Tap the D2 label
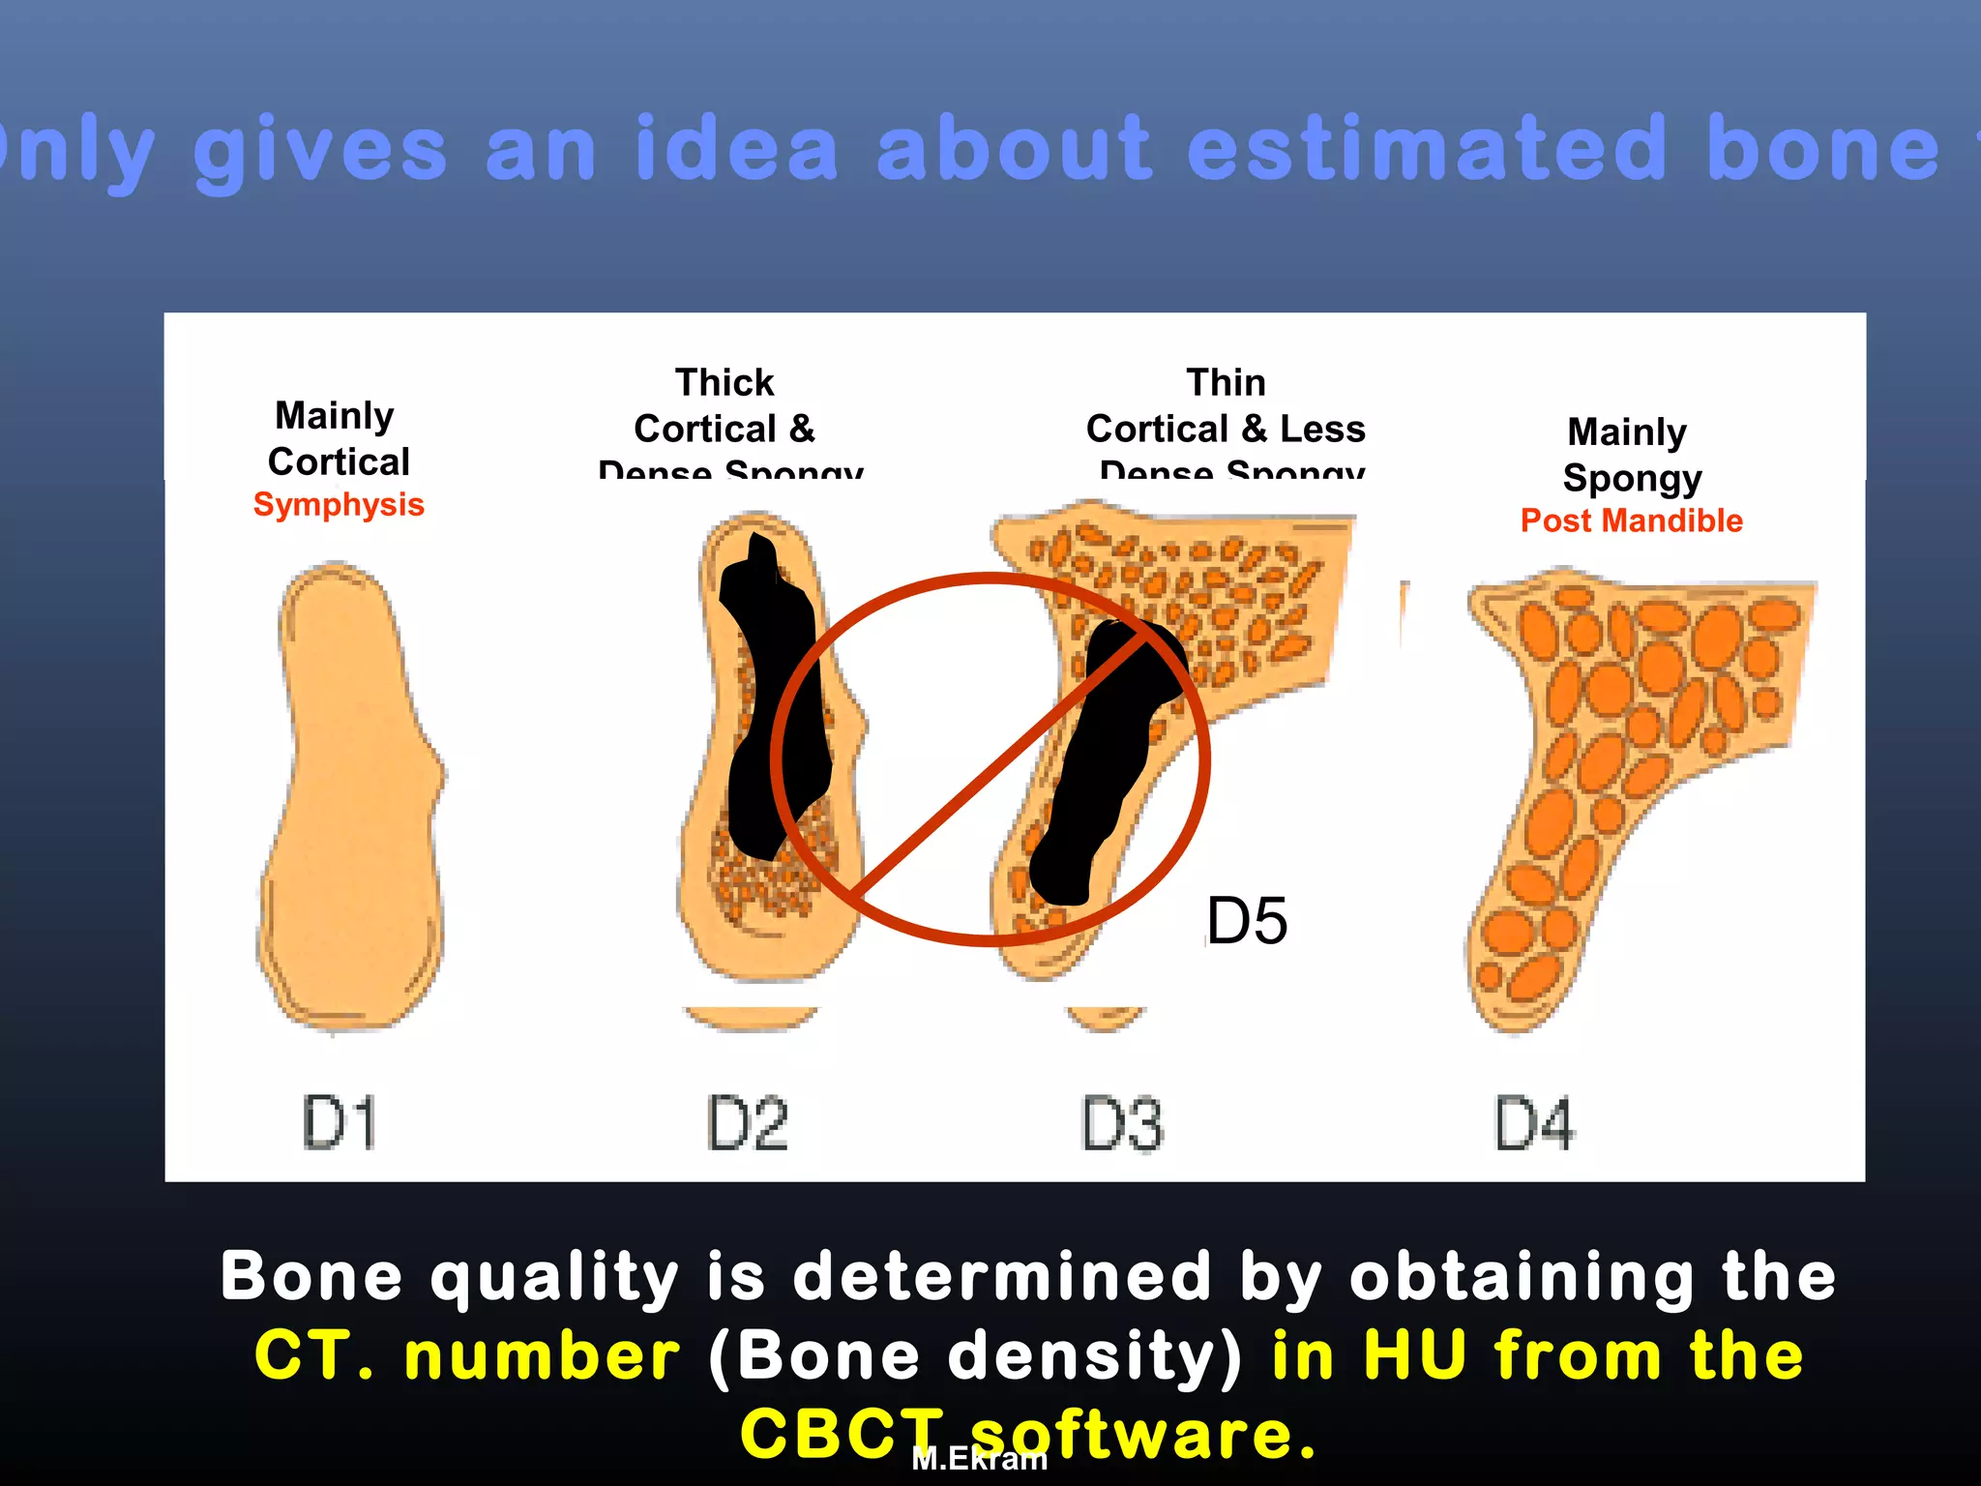point(748,1123)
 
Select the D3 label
point(1122,1124)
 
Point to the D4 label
point(1534,1123)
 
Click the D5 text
point(1247,920)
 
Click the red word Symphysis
point(339,505)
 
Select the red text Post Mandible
point(1631,520)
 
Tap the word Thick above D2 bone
point(724,382)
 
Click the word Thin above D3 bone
point(1226,382)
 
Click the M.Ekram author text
point(979,1459)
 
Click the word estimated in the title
point(1427,150)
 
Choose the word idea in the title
point(735,150)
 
